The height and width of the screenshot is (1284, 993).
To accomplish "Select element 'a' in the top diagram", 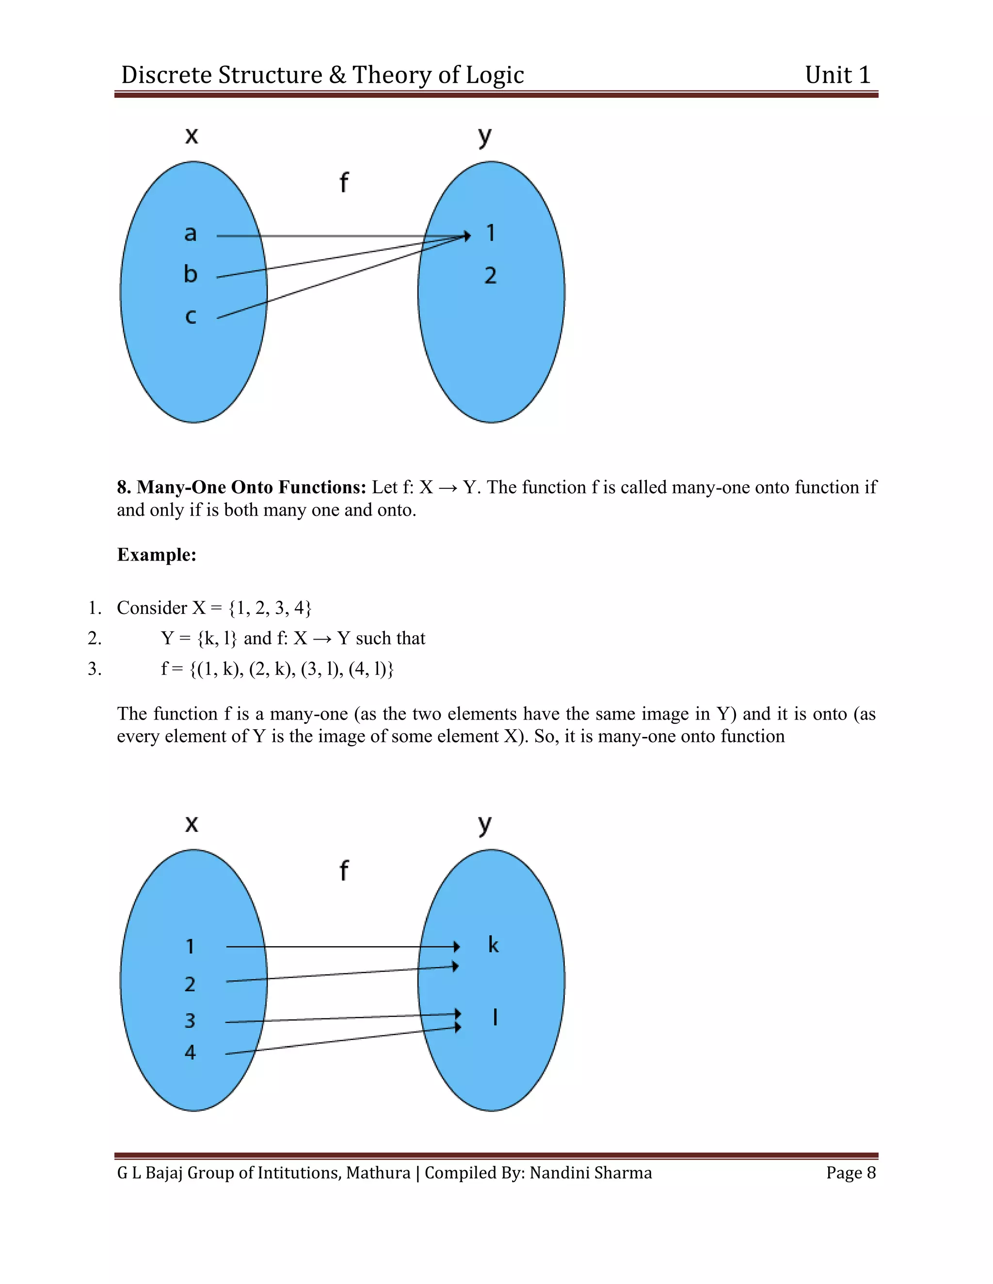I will [190, 234].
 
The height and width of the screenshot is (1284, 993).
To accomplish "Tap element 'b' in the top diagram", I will [190, 274].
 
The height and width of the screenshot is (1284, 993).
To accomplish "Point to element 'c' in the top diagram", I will [190, 316].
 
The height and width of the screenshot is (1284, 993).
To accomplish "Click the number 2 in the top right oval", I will [491, 275].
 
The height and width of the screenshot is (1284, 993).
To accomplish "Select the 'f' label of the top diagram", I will [344, 182].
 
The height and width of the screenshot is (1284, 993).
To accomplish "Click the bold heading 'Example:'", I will [157, 554].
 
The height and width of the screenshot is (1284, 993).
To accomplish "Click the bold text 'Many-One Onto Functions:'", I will [251, 487].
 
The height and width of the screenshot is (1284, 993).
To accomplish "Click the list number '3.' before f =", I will [95, 669].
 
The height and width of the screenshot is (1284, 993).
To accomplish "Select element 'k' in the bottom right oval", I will [493, 945].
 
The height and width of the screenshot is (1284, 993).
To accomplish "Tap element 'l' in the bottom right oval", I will [496, 1017].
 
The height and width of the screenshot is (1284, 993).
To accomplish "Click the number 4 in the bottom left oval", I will [190, 1052].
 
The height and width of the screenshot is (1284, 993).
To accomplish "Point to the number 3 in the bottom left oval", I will [190, 1020].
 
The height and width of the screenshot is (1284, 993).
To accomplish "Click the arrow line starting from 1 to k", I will [341, 947].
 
